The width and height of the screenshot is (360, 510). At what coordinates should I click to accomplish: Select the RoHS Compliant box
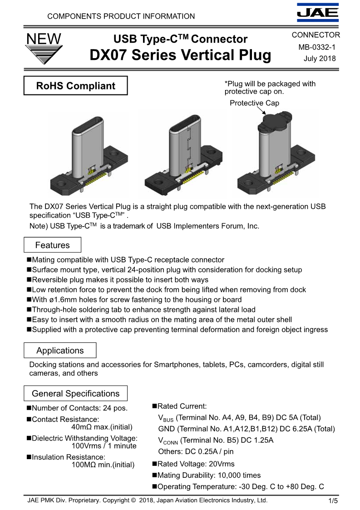coord(75,86)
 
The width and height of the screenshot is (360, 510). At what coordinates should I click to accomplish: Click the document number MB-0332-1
coord(317,47)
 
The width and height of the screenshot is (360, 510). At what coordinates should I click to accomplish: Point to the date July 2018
coord(320,59)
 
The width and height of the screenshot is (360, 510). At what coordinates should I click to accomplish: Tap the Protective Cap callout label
coord(254,103)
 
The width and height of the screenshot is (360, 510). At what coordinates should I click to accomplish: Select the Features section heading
coord(52,245)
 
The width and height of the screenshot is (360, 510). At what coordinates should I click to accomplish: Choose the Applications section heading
coord(60,351)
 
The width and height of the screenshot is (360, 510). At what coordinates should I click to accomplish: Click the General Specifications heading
coord(75,394)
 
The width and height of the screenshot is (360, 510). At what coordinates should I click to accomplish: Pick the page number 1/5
coord(333,501)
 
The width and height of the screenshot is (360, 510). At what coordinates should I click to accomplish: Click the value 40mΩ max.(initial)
coord(102,427)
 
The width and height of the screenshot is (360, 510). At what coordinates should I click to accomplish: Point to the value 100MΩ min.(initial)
coord(103,465)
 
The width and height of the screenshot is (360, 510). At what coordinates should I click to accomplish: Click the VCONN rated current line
coord(216,440)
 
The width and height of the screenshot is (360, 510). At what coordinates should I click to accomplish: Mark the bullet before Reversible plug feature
coord(29,280)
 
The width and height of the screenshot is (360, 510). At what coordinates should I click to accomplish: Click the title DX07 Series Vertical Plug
coord(180,55)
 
